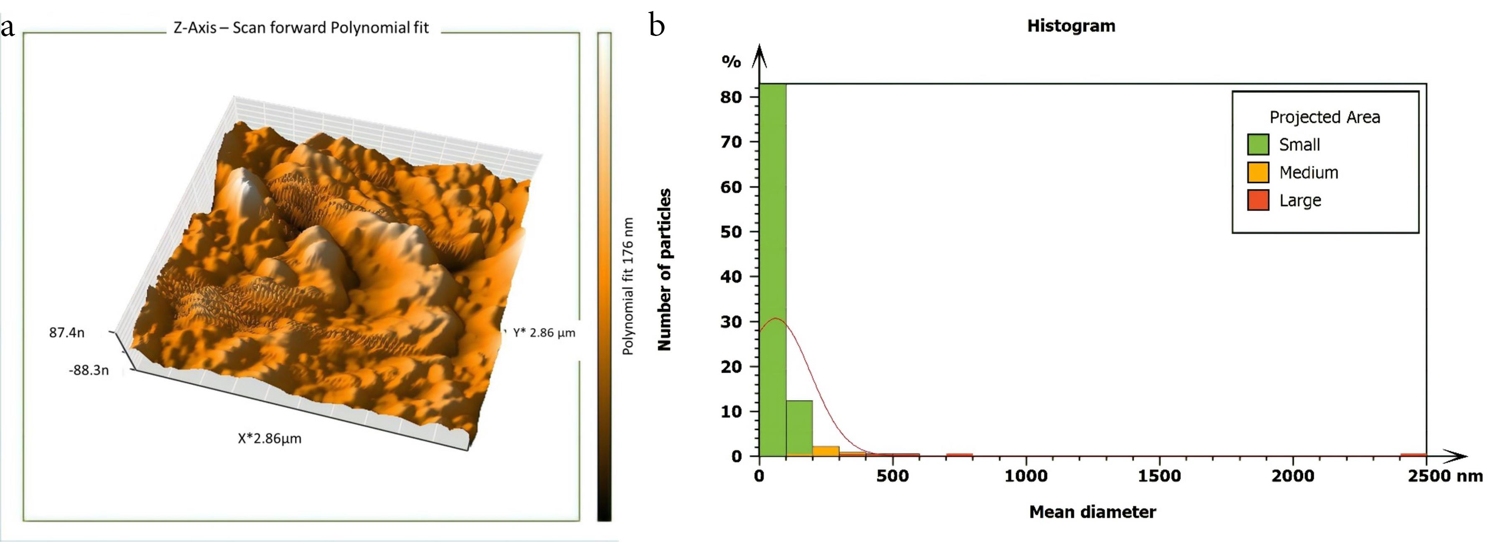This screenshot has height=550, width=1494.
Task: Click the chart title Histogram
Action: (x=1071, y=26)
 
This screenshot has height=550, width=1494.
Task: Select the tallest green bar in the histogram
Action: (x=773, y=270)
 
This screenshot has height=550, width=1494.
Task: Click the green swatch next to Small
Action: (x=1258, y=144)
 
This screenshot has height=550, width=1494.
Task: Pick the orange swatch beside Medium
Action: (x=1258, y=172)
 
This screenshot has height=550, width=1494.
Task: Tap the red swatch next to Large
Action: (x=1258, y=200)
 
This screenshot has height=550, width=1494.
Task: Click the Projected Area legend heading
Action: (x=1325, y=117)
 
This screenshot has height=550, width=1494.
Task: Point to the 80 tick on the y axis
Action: (x=732, y=97)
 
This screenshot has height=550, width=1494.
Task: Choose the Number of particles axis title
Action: (x=664, y=270)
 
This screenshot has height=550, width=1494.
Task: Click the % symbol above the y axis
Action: (x=731, y=61)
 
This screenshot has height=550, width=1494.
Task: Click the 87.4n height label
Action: (x=67, y=333)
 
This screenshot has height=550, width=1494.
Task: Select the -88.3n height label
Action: (x=88, y=370)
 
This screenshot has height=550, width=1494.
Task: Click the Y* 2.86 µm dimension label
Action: (x=544, y=333)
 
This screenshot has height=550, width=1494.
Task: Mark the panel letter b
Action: (x=657, y=26)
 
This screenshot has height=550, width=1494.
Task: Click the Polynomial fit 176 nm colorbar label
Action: (x=628, y=286)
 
